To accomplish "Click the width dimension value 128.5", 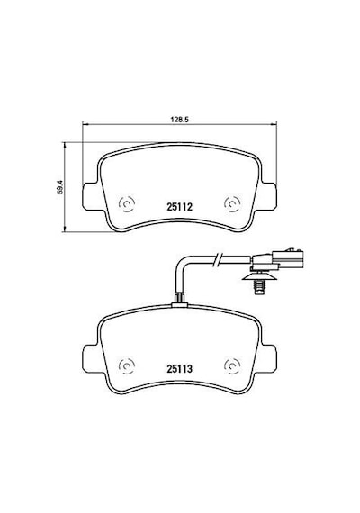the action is click(x=180, y=120).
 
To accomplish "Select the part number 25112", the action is click(x=179, y=207).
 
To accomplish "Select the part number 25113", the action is click(x=179, y=369).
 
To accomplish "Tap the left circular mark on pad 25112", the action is click(x=127, y=204).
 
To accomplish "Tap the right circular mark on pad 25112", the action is click(x=232, y=204).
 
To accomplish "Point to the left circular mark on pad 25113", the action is click(x=127, y=365).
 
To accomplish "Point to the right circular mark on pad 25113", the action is click(x=232, y=365).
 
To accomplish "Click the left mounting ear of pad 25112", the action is click(x=89, y=196).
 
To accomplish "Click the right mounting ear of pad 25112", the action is click(x=269, y=196).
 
